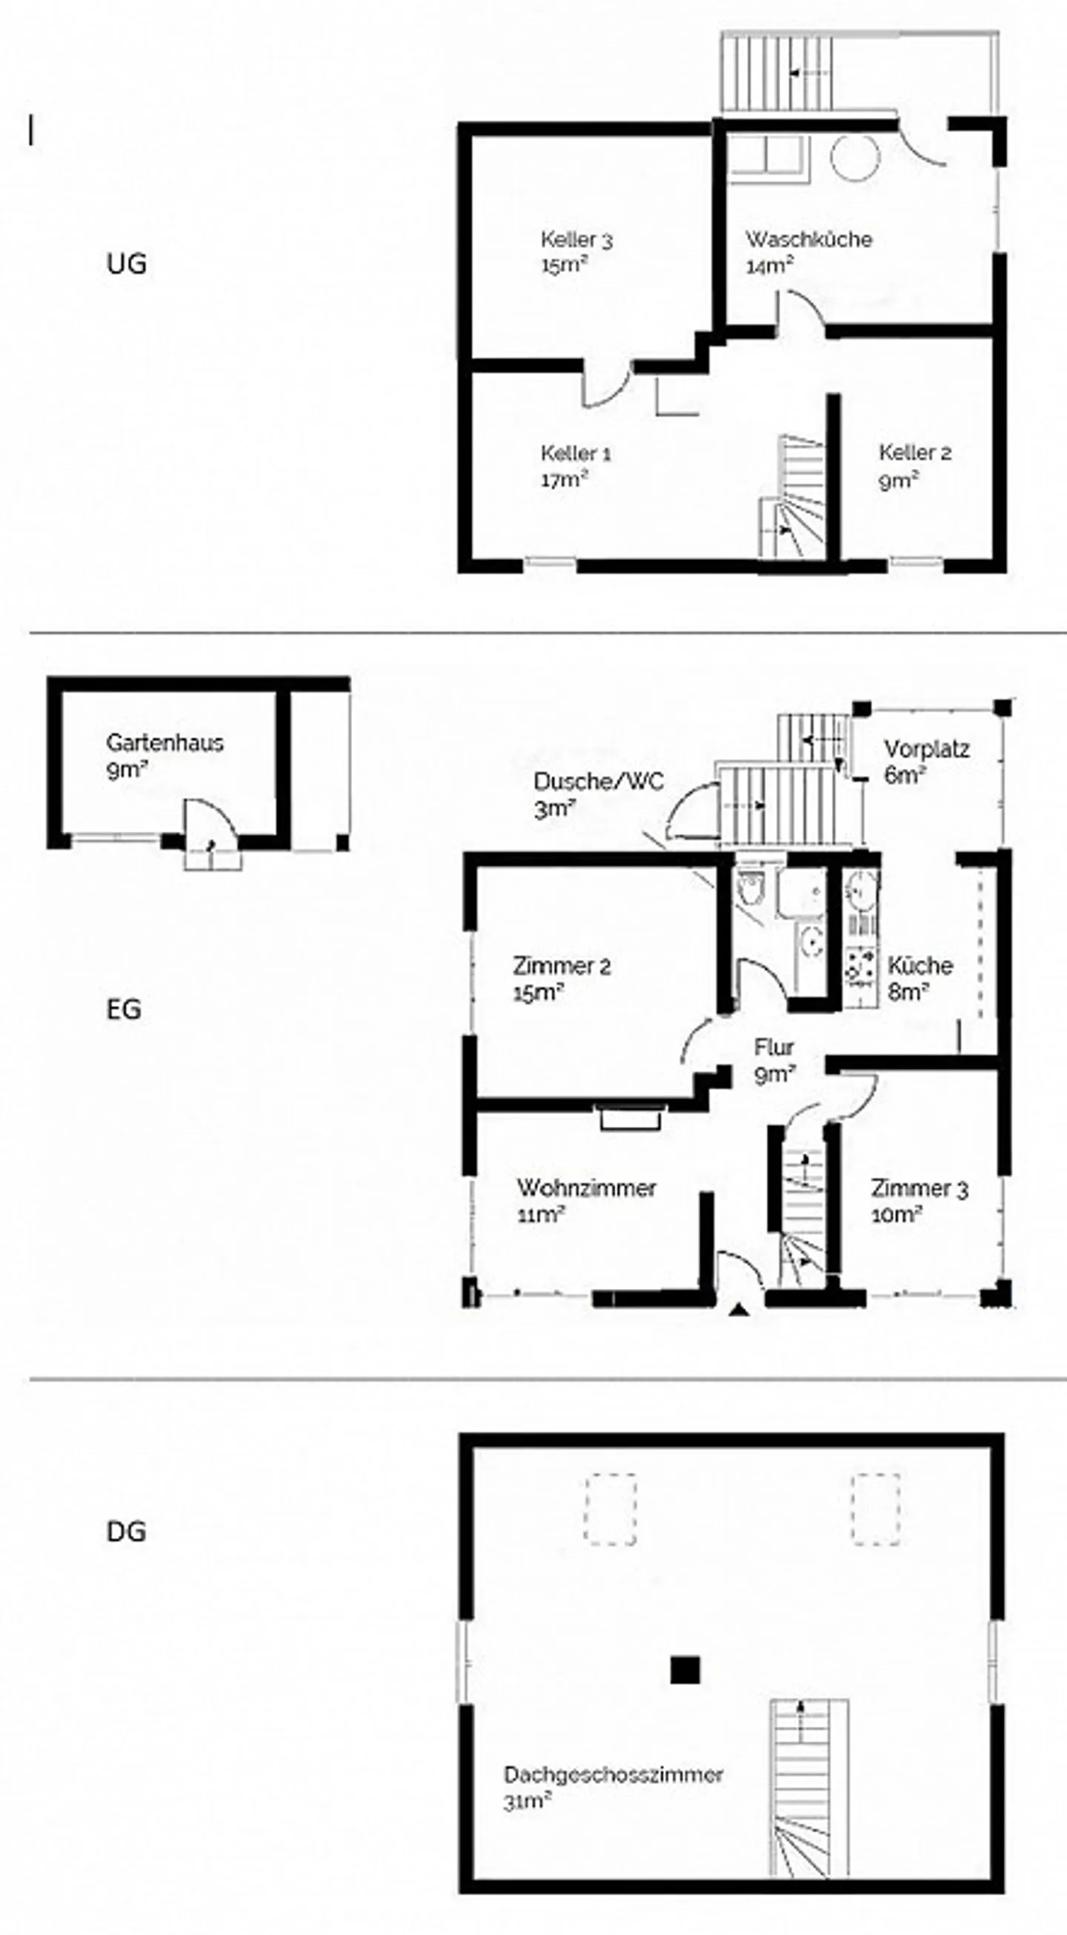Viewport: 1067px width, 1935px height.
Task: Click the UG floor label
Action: click(126, 264)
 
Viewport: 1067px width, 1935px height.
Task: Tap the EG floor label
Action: click(124, 1009)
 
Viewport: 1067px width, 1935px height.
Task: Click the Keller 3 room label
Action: click(576, 240)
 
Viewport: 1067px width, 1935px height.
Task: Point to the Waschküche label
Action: click(808, 239)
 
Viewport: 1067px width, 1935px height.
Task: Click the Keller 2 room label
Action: click(915, 453)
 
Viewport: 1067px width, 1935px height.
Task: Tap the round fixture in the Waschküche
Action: click(855, 158)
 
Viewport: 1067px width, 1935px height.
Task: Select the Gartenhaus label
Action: click(164, 743)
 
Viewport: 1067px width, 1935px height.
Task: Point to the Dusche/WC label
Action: click(599, 782)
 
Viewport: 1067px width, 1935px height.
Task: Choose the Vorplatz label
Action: click(926, 749)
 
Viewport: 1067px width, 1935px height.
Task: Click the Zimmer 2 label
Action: click(562, 965)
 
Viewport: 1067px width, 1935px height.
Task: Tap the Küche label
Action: click(920, 965)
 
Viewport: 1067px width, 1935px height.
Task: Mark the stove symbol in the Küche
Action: click(861, 965)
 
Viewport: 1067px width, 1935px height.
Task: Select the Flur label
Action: click(774, 1046)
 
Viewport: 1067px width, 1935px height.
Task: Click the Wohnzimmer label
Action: click(587, 1188)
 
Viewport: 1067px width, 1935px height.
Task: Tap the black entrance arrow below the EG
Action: click(740, 1310)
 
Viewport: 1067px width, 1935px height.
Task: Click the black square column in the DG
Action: click(685, 1671)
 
